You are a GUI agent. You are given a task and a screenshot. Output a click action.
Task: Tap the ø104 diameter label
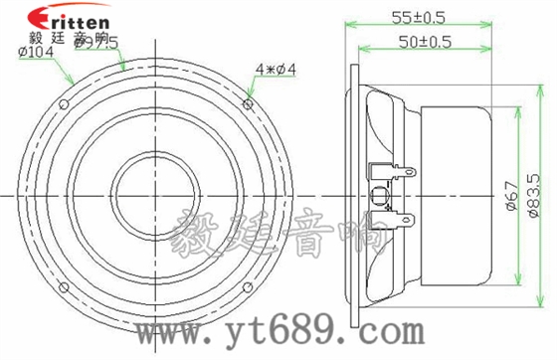click(36, 53)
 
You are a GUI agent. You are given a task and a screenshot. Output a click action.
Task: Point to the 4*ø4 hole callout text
click(276, 69)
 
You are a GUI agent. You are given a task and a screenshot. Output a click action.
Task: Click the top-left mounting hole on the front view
click(64, 103)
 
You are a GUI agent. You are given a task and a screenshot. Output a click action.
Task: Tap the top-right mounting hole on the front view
click(248, 102)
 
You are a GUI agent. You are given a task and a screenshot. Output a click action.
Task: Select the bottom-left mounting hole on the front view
click(64, 288)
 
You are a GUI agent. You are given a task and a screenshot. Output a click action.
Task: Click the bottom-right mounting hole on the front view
click(248, 288)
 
